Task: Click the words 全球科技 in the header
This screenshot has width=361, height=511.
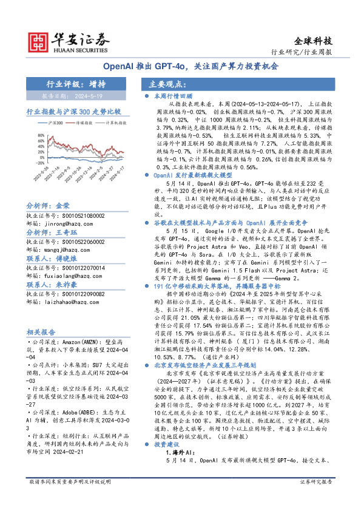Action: pyautogui.click(x=313, y=41)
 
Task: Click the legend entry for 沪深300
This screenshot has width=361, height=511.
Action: pyautogui.click(x=53, y=123)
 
